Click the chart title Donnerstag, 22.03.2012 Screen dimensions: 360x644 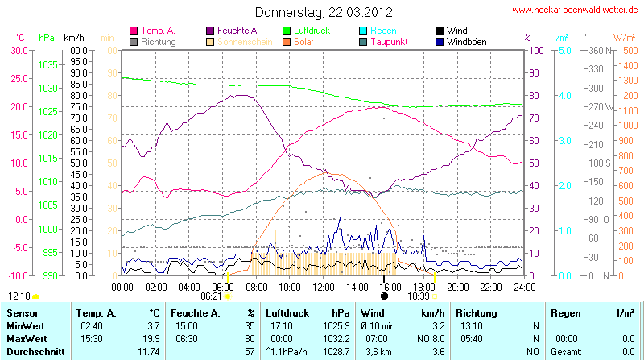pos(324,12)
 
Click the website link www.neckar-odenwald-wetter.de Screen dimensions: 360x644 pos(575,10)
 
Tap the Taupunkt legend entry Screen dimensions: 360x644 pos(394,41)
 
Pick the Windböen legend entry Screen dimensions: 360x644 pos(466,41)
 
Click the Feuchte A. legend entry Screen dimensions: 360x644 pos(238,30)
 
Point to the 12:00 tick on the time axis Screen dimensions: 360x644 pos(323,286)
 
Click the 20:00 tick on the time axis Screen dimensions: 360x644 pos(457,286)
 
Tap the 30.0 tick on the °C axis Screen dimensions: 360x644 pos(19,50)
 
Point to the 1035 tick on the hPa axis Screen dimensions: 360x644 pos(47,64)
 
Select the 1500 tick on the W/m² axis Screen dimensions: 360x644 pos(626,50)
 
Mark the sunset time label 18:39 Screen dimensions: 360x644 pos(418,296)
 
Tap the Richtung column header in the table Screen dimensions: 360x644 pos(477,312)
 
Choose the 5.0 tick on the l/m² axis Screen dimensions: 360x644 pos(564,50)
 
